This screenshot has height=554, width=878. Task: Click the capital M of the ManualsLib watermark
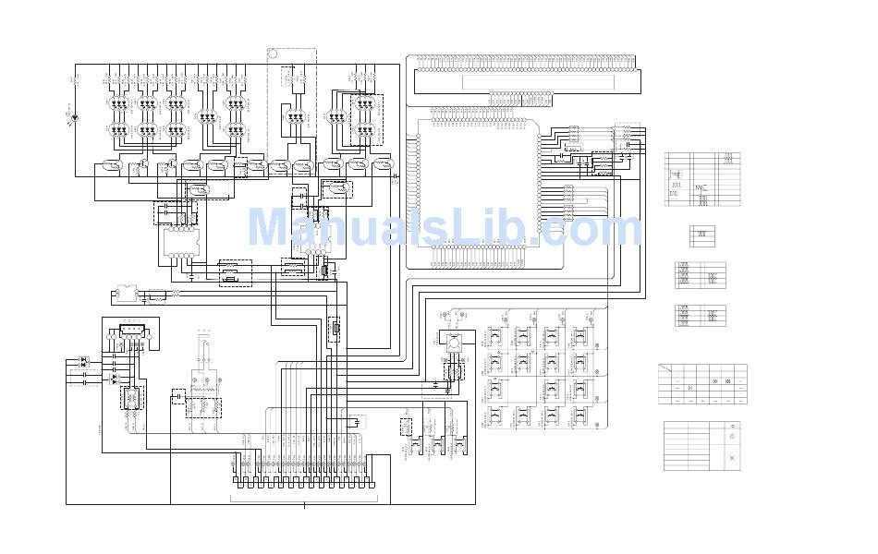268,229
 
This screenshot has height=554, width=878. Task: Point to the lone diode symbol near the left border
74,118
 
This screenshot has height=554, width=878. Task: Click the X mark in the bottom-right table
732,458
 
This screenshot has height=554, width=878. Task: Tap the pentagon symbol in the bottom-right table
732,436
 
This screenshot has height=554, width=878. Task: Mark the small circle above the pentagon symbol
732,426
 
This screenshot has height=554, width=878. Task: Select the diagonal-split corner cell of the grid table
667,370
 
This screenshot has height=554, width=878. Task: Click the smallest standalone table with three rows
701,235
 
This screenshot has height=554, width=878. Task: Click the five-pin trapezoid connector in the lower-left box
129,330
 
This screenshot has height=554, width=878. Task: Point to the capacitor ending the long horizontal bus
395,174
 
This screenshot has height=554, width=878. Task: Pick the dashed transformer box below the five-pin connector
131,398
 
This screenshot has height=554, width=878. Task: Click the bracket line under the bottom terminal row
304,500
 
